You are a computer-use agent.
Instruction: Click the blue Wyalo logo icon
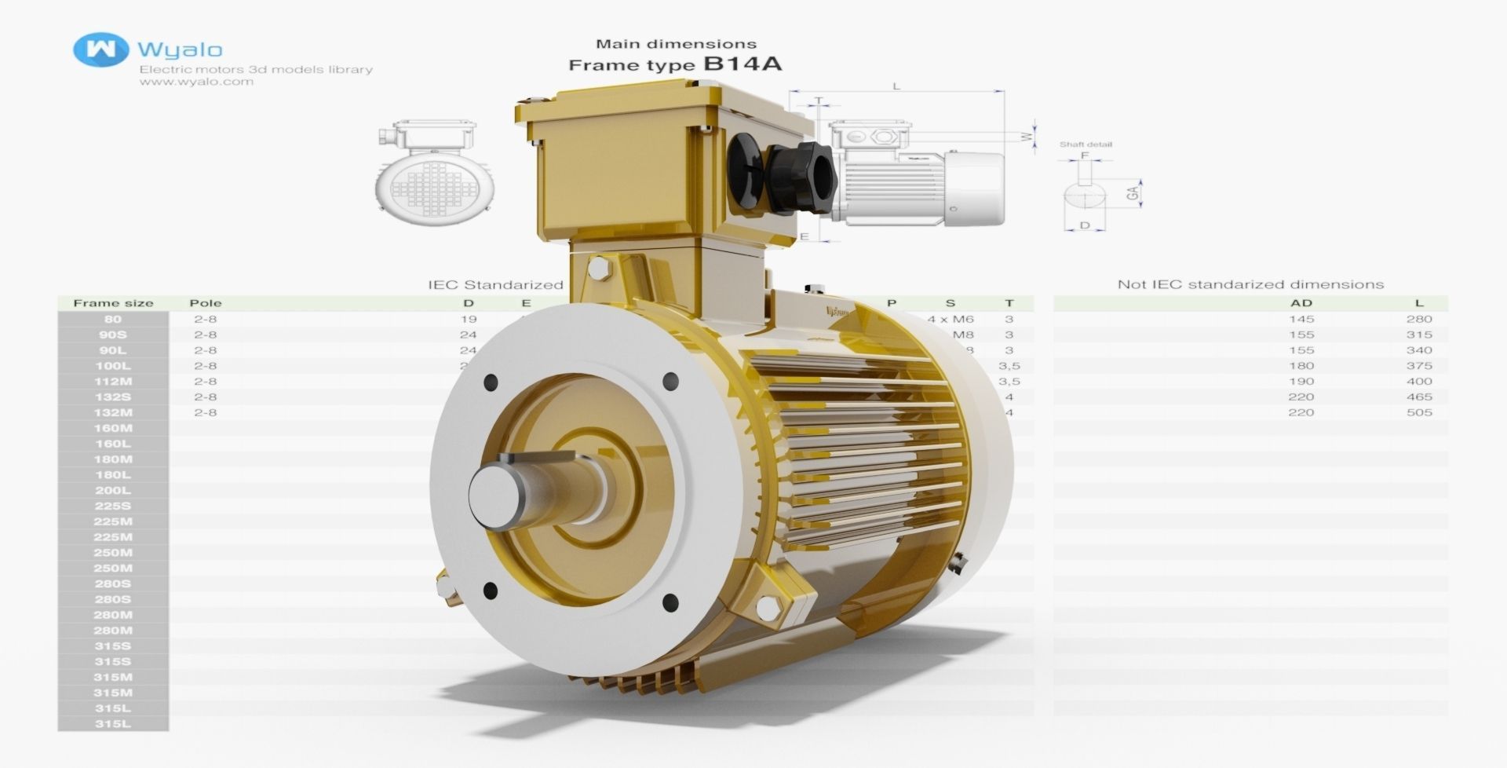pyautogui.click(x=100, y=49)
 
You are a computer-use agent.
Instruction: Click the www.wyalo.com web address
pyautogui.click(x=196, y=82)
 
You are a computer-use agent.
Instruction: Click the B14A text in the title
pyautogui.click(x=742, y=64)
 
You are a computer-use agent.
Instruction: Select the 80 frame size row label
pyautogui.click(x=113, y=319)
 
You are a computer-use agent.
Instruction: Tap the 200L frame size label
pyautogui.click(x=113, y=490)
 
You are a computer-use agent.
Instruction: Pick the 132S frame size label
pyautogui.click(x=113, y=397)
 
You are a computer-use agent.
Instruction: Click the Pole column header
pyautogui.click(x=206, y=303)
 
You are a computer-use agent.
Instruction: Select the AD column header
pyautogui.click(x=1301, y=303)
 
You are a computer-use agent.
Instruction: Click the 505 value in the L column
pyautogui.click(x=1419, y=412)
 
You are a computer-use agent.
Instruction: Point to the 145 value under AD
pyautogui.click(x=1301, y=319)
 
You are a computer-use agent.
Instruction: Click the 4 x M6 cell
pyautogui.click(x=950, y=319)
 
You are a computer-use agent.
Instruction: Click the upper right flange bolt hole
pyautogui.click(x=670, y=382)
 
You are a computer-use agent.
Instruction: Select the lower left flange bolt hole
pyautogui.click(x=490, y=590)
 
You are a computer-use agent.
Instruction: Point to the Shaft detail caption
pyautogui.click(x=1086, y=144)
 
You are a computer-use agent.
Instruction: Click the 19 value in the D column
pyautogui.click(x=469, y=319)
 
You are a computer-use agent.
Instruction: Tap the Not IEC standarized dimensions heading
pyautogui.click(x=1250, y=284)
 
